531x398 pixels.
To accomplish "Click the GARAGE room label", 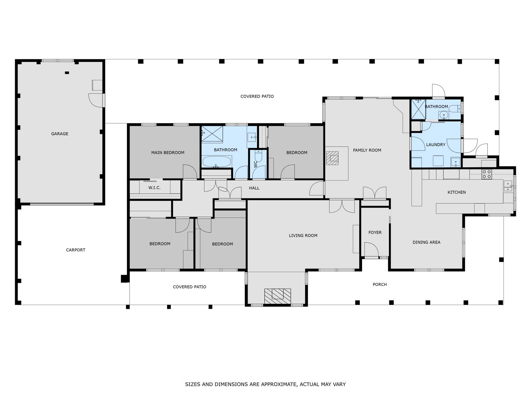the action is pyautogui.click(x=59, y=134).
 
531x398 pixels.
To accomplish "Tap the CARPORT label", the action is pyautogui.click(x=76, y=250).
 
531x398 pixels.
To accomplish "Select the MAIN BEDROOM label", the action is pyautogui.click(x=168, y=153).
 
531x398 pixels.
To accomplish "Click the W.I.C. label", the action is pyautogui.click(x=155, y=188).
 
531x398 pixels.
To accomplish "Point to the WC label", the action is pyautogui.click(x=256, y=165).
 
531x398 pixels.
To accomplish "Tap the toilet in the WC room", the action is pyautogui.click(x=258, y=156).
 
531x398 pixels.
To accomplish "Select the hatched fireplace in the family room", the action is pyautogui.click(x=332, y=158).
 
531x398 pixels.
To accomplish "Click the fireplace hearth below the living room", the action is pyautogui.click(x=277, y=296).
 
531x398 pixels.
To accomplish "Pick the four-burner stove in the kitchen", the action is pyautogui.click(x=486, y=174).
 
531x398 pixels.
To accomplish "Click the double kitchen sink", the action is pyautogui.click(x=508, y=186).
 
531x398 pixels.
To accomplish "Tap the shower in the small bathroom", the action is pyautogui.click(x=419, y=109).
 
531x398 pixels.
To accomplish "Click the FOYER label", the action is pyautogui.click(x=375, y=233).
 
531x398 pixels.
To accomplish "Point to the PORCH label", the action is pyautogui.click(x=379, y=284).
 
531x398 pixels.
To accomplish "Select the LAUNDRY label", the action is pyautogui.click(x=436, y=144).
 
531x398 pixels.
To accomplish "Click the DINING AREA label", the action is pyautogui.click(x=426, y=242).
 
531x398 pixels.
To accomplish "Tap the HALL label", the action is pyautogui.click(x=254, y=188).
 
